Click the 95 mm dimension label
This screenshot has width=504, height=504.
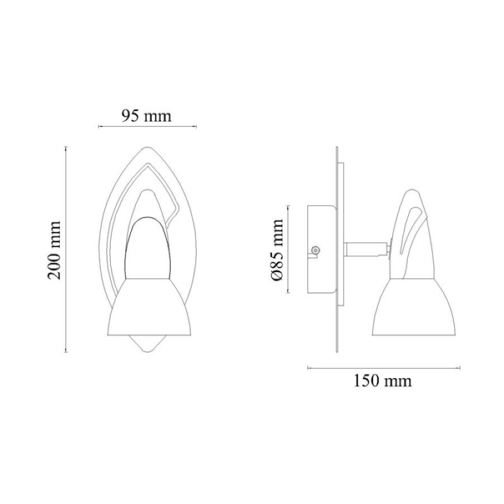147,116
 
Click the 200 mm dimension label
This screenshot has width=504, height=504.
54,249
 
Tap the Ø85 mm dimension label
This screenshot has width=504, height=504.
277,249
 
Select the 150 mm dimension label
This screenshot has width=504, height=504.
382,381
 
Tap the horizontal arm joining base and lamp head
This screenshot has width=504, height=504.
367,249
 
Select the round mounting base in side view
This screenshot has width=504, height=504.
322,249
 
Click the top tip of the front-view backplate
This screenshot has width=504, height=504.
147,147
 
